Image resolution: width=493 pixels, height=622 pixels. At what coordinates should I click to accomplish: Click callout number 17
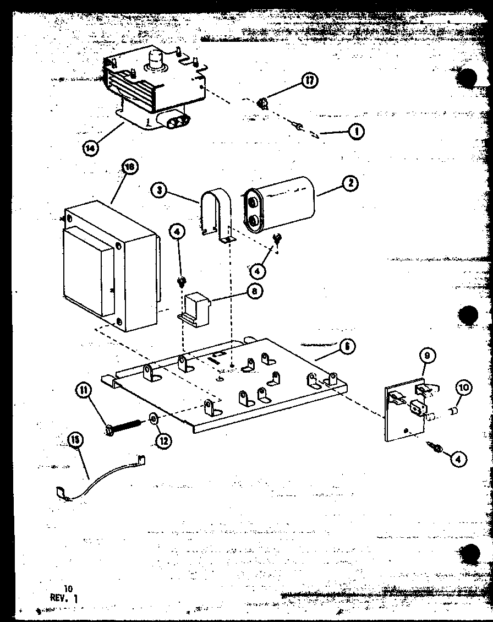(310, 81)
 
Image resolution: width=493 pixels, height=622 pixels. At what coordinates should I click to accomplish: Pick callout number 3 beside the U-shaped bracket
(158, 190)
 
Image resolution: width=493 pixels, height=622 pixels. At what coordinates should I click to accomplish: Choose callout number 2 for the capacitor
(349, 184)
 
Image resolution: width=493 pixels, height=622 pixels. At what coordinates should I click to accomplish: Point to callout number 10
(463, 388)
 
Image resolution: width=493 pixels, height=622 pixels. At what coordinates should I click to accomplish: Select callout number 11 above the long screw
(83, 391)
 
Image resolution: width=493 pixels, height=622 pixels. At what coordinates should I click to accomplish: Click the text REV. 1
(64, 598)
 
